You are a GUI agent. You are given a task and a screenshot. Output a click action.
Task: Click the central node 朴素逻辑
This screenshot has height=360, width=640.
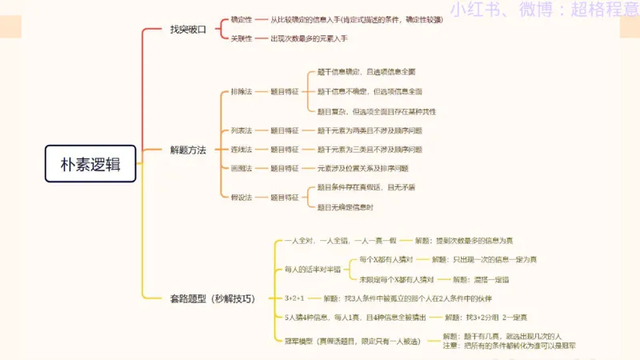pyautogui.click(x=91, y=163)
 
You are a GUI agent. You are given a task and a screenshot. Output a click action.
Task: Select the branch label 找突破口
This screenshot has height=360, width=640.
pyautogui.click(x=188, y=29)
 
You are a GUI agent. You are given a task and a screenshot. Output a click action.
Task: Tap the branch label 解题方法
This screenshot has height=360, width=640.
pyautogui.click(x=188, y=150)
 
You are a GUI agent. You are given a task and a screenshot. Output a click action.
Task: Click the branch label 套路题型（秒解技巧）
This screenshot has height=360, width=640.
pyautogui.click(x=212, y=298)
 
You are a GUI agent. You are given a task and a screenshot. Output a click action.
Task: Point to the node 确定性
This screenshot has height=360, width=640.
pyautogui.click(x=241, y=19)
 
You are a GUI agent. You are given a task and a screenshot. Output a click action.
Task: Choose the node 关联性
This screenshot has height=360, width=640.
pyautogui.click(x=241, y=38)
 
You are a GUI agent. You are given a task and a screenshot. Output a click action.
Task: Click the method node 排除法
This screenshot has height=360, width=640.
pyautogui.click(x=241, y=92)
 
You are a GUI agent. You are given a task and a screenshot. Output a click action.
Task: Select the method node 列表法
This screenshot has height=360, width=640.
pyautogui.click(x=241, y=130)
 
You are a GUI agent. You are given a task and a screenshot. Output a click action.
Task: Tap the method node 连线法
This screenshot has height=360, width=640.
pyautogui.click(x=241, y=150)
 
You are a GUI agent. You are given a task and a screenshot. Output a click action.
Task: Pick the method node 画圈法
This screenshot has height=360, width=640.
pyautogui.click(x=241, y=169)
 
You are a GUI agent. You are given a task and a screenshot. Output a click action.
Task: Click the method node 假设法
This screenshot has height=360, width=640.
pyautogui.click(x=241, y=197)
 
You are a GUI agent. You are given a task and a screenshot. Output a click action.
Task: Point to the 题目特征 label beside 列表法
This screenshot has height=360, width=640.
pyautogui.click(x=284, y=130)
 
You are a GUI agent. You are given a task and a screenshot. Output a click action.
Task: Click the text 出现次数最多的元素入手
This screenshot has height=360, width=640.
pyautogui.click(x=310, y=38)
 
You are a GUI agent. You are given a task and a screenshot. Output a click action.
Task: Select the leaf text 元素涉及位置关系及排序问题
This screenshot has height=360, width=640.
pyautogui.click(x=362, y=169)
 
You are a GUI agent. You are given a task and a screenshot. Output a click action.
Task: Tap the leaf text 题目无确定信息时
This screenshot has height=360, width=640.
pyautogui.click(x=345, y=207)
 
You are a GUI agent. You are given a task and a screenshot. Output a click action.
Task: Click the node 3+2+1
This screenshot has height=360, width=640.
pyautogui.click(x=294, y=298)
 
